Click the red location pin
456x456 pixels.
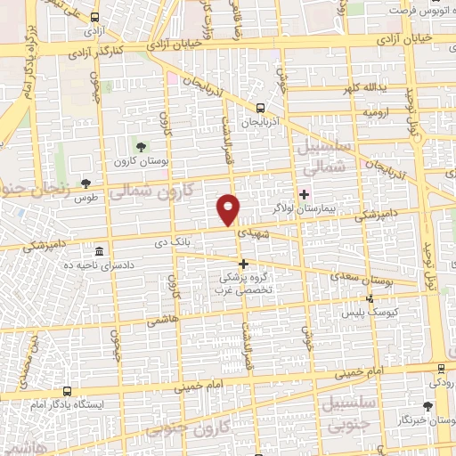pos(229,208)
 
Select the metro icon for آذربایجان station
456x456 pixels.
pos(260,107)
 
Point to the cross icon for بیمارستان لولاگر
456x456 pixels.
pos(305,194)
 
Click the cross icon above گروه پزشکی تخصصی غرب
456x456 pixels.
pos(242,264)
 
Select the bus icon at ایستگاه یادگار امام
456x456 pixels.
pos(68,392)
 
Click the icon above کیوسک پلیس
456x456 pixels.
pos(370,299)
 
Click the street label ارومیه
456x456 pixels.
pos(377,114)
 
